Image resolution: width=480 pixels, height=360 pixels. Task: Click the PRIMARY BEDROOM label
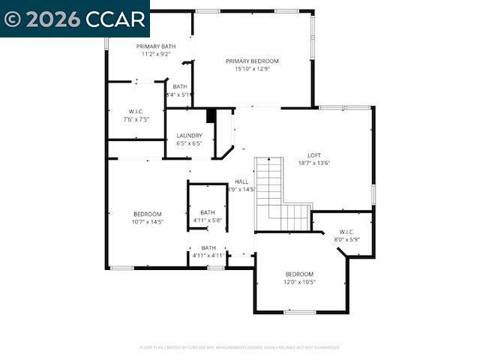(x=253, y=61)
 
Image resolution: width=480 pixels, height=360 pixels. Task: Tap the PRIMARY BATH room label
(x=156, y=46)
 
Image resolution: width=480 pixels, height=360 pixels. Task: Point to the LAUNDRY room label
(x=189, y=136)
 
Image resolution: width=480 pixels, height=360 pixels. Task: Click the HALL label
(x=241, y=181)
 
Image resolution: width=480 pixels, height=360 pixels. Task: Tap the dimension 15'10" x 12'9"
(x=253, y=68)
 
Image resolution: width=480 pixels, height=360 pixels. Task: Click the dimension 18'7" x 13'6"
(x=314, y=163)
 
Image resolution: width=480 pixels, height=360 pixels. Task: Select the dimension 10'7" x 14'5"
(x=148, y=221)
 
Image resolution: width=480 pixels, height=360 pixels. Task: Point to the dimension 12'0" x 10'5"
(x=299, y=282)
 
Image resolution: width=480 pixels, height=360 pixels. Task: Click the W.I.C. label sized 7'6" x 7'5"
(x=136, y=112)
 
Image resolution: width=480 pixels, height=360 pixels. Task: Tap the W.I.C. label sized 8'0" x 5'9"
(x=346, y=232)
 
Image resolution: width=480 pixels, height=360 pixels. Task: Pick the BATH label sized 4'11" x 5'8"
(x=208, y=212)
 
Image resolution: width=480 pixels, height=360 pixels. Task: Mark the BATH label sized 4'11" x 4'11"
(x=208, y=247)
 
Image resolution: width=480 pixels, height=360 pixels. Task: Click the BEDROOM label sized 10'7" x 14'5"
(x=148, y=214)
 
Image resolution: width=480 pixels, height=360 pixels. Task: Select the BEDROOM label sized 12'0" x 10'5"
(x=299, y=274)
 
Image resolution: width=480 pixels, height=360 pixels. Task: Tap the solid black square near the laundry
(x=211, y=115)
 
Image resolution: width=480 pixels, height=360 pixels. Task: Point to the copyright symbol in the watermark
(x=13, y=19)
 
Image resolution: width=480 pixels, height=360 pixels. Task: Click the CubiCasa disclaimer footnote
(x=240, y=347)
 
